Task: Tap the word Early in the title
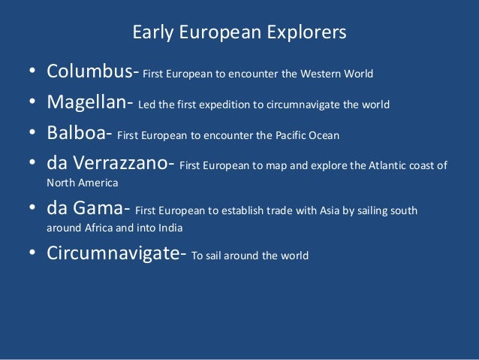(149, 33)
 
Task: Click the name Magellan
(89, 104)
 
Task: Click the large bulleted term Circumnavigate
(113, 254)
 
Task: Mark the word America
(98, 183)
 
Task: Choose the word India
(166, 227)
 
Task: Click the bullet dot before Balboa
(31, 136)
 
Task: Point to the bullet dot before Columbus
(31, 74)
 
